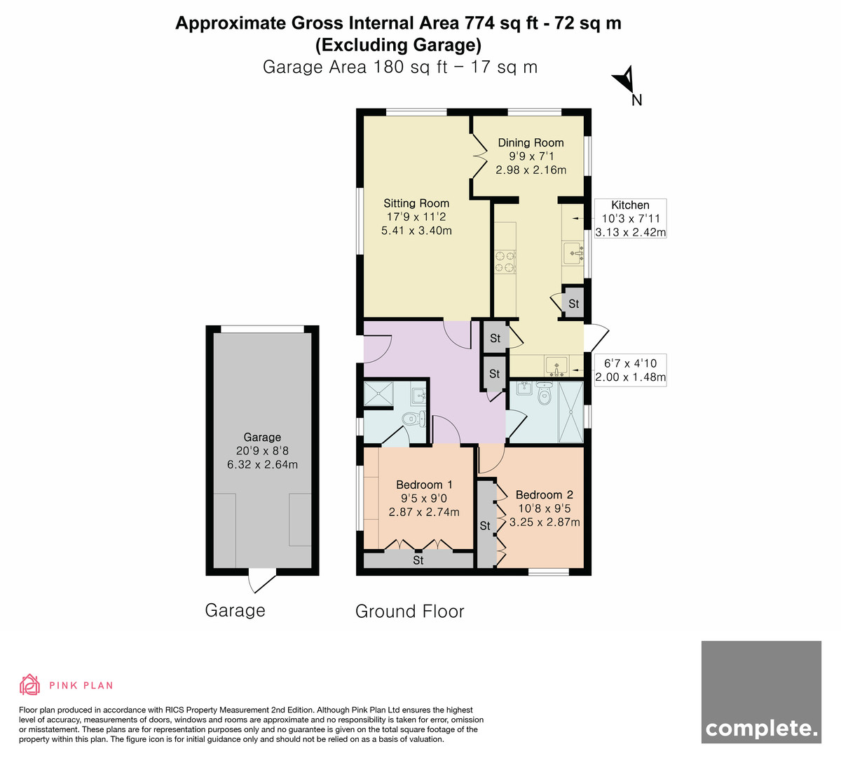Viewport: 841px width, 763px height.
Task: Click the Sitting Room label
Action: (416, 203)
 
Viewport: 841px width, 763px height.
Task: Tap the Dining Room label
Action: (531, 142)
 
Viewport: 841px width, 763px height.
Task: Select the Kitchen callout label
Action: (630, 205)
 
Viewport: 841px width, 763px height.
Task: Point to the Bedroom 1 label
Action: (424, 485)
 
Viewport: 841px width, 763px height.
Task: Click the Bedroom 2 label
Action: (544, 495)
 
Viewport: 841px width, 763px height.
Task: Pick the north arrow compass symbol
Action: (626, 80)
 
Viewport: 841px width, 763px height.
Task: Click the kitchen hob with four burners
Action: (505, 262)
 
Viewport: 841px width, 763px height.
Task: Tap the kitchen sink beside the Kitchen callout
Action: (573, 253)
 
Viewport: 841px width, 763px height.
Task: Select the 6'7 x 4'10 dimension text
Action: (630, 363)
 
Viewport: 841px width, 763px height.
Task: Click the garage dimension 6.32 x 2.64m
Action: (262, 464)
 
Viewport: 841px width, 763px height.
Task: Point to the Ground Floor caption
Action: (409, 612)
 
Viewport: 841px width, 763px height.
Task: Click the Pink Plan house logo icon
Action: (29, 684)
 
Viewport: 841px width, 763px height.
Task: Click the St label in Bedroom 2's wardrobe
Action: (485, 526)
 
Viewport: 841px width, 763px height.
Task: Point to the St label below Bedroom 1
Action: (418, 560)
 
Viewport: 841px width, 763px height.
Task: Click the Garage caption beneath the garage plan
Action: (235, 611)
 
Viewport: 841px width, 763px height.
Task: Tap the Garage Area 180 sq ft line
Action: (400, 67)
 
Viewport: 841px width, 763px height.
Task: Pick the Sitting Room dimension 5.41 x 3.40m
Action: (416, 231)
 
